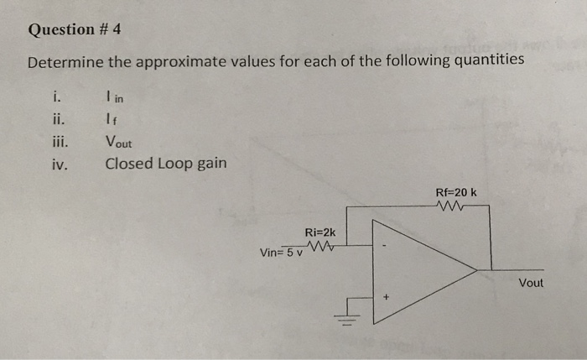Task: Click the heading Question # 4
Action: [75, 30]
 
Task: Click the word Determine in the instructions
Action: [65, 62]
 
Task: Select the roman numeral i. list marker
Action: [57, 98]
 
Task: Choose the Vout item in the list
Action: [118, 142]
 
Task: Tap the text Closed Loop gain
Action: [165, 163]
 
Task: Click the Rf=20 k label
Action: [456, 192]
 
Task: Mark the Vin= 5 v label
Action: [282, 252]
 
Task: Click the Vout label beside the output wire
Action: [531, 283]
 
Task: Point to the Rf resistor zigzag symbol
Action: [454, 205]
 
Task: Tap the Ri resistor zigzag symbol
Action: [320, 246]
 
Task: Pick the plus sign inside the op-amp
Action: [387, 296]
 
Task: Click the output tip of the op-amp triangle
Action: [476, 269]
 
